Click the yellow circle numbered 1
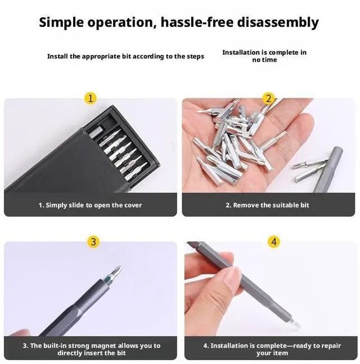pyautogui.click(x=90, y=98)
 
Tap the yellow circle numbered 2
pyautogui.click(x=268, y=98)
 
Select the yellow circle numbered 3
pyautogui.click(x=93, y=242)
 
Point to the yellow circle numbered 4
pyautogui.click(x=274, y=242)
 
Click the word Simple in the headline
pyautogui.click(x=61, y=23)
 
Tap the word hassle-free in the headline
pyautogui.click(x=197, y=23)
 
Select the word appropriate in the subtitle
pyautogui.click(x=101, y=56)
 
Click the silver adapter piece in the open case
pyautogui.click(x=96, y=132)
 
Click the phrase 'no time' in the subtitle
pyautogui.click(x=264, y=60)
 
